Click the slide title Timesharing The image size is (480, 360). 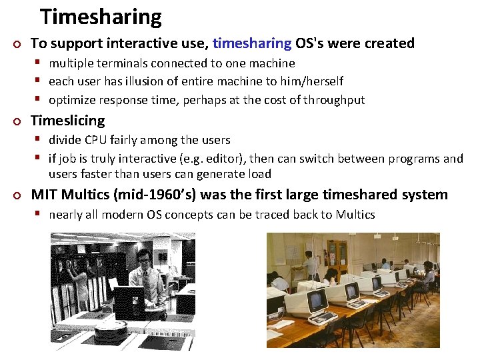[x=101, y=16]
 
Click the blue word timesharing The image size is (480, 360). [x=252, y=43]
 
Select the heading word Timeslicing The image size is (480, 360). [x=68, y=121]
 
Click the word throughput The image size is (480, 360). [x=334, y=100]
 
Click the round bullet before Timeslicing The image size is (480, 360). [x=17, y=121]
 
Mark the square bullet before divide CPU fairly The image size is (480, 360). [x=41, y=140]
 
